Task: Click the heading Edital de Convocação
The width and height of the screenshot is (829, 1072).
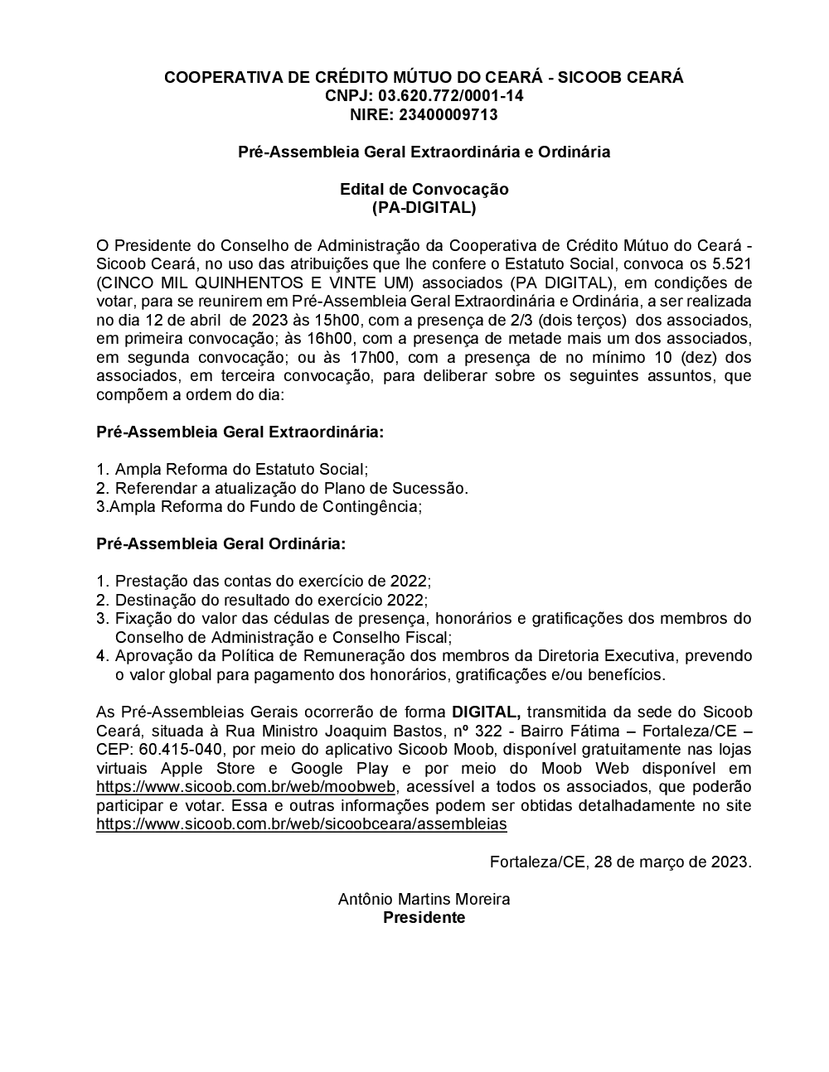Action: click(x=424, y=189)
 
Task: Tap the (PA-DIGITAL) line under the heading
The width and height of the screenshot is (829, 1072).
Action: click(x=424, y=208)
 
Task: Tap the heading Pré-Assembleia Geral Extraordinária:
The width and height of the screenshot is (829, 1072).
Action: click(x=240, y=432)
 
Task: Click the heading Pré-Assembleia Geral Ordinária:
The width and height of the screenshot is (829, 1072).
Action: click(x=221, y=544)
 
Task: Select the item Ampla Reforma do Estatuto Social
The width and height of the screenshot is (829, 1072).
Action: click(x=240, y=470)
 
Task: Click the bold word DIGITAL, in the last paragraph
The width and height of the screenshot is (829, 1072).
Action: click(x=486, y=712)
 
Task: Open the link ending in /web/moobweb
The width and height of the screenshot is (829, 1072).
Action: click(x=247, y=787)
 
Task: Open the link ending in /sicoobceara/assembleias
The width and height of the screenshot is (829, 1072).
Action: click(x=302, y=824)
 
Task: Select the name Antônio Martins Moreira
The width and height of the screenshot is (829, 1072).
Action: click(x=424, y=899)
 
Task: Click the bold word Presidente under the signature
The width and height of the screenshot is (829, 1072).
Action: click(x=424, y=918)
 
